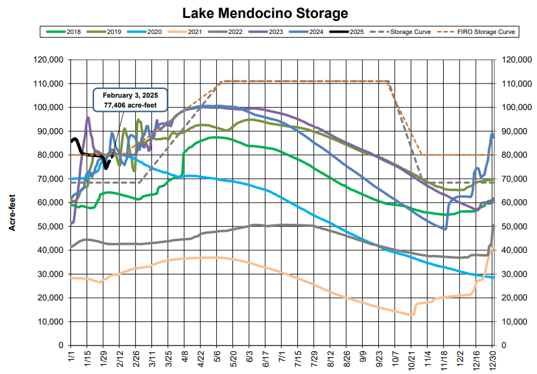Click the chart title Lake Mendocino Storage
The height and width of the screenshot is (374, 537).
tap(265, 13)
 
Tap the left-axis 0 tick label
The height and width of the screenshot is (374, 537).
tap(62, 345)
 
